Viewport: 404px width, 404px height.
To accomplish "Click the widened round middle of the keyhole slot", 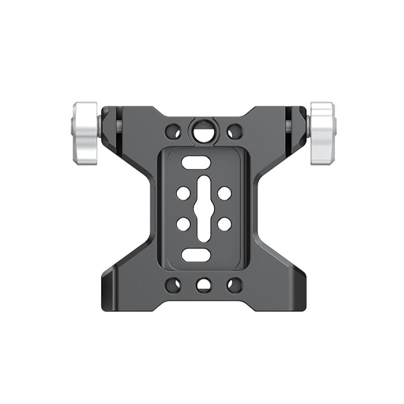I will [202, 208].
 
